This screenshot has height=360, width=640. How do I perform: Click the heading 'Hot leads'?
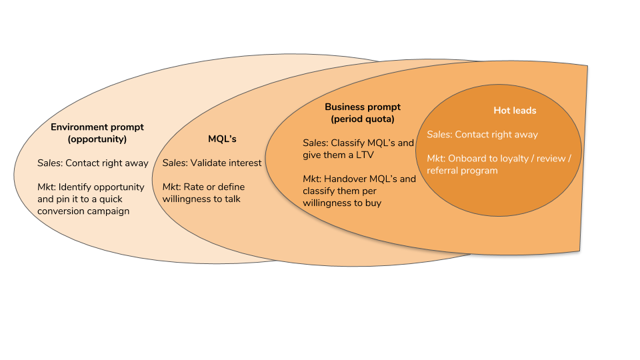click(x=515, y=111)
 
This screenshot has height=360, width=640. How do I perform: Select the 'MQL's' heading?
click(x=222, y=139)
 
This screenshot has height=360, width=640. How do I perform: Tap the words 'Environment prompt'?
click(x=97, y=127)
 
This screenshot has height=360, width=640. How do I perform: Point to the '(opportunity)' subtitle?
click(x=97, y=139)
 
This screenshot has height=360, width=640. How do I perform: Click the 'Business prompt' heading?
click(x=363, y=107)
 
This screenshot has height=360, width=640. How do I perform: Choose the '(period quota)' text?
click(x=363, y=119)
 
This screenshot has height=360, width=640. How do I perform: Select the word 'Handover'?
click(x=345, y=179)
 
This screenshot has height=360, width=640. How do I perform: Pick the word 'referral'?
click(x=443, y=171)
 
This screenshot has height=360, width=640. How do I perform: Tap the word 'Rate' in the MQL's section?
click(x=194, y=187)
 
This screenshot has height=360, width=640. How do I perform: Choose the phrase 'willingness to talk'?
click(x=202, y=199)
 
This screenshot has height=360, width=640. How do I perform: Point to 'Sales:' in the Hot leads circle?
click(x=439, y=135)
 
